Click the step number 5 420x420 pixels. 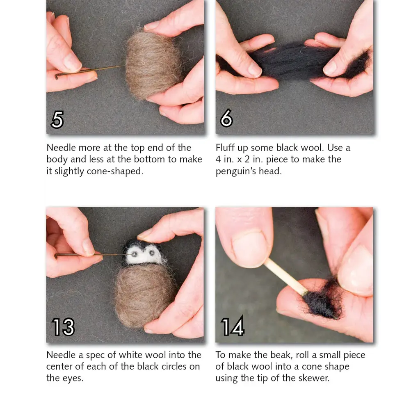57,119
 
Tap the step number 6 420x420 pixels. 226,118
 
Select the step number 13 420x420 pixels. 63,327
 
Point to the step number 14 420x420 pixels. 233,326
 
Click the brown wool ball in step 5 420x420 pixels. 153,64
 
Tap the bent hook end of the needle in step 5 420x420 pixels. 57,76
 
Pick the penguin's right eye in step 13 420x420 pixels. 152,253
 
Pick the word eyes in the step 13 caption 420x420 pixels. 73,378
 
